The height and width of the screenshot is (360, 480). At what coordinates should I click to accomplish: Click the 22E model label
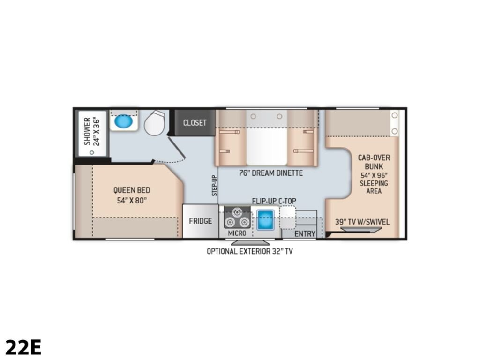pyautogui.click(x=23, y=347)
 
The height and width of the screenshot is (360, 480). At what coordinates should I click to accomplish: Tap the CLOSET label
pyautogui.click(x=195, y=123)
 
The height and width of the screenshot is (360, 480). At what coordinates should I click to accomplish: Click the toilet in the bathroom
pyautogui.click(x=155, y=123)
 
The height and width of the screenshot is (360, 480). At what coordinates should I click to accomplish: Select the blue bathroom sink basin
pyautogui.click(x=124, y=121)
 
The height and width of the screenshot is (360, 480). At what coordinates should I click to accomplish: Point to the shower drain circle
pyautogui.click(x=91, y=152)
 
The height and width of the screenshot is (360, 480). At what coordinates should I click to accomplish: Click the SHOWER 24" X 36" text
pyautogui.click(x=91, y=131)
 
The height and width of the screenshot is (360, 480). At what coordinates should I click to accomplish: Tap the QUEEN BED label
pyautogui.click(x=132, y=190)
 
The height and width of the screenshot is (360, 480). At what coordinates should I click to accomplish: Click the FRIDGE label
pyautogui.click(x=200, y=221)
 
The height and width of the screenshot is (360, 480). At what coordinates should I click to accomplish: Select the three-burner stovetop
pyautogui.click(x=237, y=217)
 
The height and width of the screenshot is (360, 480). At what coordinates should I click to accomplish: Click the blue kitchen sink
pyautogui.click(x=265, y=220)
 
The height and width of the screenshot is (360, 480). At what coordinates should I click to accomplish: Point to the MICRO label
pyautogui.click(x=237, y=233)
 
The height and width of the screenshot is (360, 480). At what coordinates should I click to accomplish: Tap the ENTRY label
pyautogui.click(x=305, y=234)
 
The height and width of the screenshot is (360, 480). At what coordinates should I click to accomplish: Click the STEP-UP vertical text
pyautogui.click(x=214, y=186)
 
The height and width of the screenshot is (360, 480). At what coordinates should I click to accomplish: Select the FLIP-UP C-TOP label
pyautogui.click(x=274, y=201)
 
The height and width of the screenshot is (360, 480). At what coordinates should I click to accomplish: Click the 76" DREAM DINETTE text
pyautogui.click(x=271, y=173)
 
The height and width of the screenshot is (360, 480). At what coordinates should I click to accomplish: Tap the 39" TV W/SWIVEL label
pyautogui.click(x=362, y=222)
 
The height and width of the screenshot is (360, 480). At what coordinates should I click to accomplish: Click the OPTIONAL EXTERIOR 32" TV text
pyautogui.click(x=249, y=251)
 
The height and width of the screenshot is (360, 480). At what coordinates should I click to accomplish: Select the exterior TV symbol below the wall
pyautogui.click(x=250, y=243)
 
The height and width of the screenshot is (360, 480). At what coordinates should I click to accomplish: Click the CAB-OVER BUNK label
pyautogui.click(x=374, y=162)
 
